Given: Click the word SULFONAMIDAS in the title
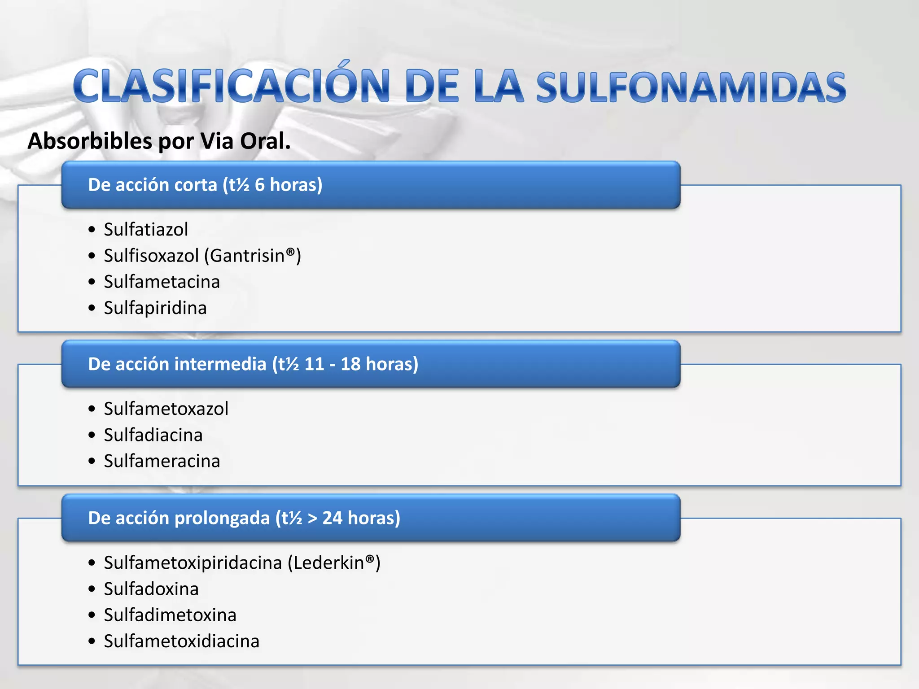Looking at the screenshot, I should [x=691, y=87].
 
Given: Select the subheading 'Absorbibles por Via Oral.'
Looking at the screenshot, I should [x=159, y=141].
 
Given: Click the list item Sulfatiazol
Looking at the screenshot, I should [x=146, y=229].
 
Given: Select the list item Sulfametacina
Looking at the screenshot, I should [x=162, y=282].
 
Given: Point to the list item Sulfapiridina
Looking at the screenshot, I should [x=155, y=308].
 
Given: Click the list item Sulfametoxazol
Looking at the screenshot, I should [x=166, y=409].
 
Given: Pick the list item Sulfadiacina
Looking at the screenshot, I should [x=153, y=435].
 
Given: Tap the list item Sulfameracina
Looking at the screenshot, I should [x=162, y=461].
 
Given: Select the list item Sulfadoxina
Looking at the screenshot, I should [x=151, y=589].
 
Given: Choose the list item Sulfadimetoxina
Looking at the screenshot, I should [x=170, y=615].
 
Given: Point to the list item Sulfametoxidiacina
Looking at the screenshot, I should [x=181, y=641].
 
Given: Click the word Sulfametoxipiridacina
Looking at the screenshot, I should [x=193, y=563].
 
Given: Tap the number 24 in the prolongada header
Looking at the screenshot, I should [x=333, y=518].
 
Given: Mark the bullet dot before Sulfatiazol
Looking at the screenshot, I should [x=92, y=230].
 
